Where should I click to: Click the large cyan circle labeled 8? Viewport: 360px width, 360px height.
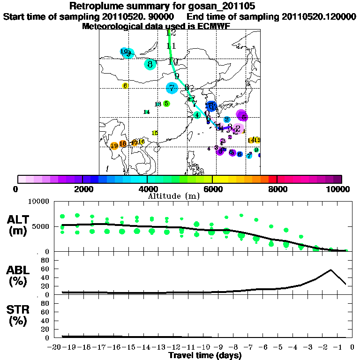(150, 64)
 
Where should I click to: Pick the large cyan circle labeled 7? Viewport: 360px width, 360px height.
(172, 88)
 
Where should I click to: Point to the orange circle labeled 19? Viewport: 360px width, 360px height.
(114, 146)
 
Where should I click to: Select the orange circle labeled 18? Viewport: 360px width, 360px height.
(123, 143)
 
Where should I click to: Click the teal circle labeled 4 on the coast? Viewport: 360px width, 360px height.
(197, 115)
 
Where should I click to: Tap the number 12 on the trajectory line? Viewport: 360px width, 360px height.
(171, 33)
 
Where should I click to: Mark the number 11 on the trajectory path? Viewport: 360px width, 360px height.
(171, 46)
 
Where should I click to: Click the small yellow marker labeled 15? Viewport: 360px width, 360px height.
(155, 133)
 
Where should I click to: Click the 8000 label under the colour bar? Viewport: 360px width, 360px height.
(277, 189)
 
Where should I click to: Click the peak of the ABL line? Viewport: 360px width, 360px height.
(331, 270)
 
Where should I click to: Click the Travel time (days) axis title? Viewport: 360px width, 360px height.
(205, 355)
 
